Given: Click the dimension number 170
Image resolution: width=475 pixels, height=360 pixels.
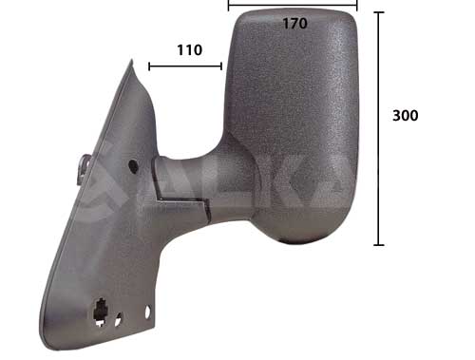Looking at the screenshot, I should pos(294,24).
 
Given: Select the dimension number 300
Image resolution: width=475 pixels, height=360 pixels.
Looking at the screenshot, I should pos(405,115).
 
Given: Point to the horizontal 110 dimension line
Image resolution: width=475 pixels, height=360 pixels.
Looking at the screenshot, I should pos(185,66).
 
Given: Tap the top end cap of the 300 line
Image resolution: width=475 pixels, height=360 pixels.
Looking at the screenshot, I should pos(379,12).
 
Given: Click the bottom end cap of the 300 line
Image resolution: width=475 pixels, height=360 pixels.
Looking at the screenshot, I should pos(379,245).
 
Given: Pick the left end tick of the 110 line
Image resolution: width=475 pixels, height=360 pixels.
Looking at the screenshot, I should pos(148,66).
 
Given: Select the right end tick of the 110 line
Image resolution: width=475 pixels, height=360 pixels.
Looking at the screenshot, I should pos(221,66).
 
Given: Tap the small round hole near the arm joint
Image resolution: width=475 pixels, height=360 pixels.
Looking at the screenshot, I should pos(132,167).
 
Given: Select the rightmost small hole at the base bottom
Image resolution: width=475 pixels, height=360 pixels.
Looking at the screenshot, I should pos(147,312).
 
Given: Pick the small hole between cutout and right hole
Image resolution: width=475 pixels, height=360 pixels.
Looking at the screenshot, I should pos(118,320).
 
